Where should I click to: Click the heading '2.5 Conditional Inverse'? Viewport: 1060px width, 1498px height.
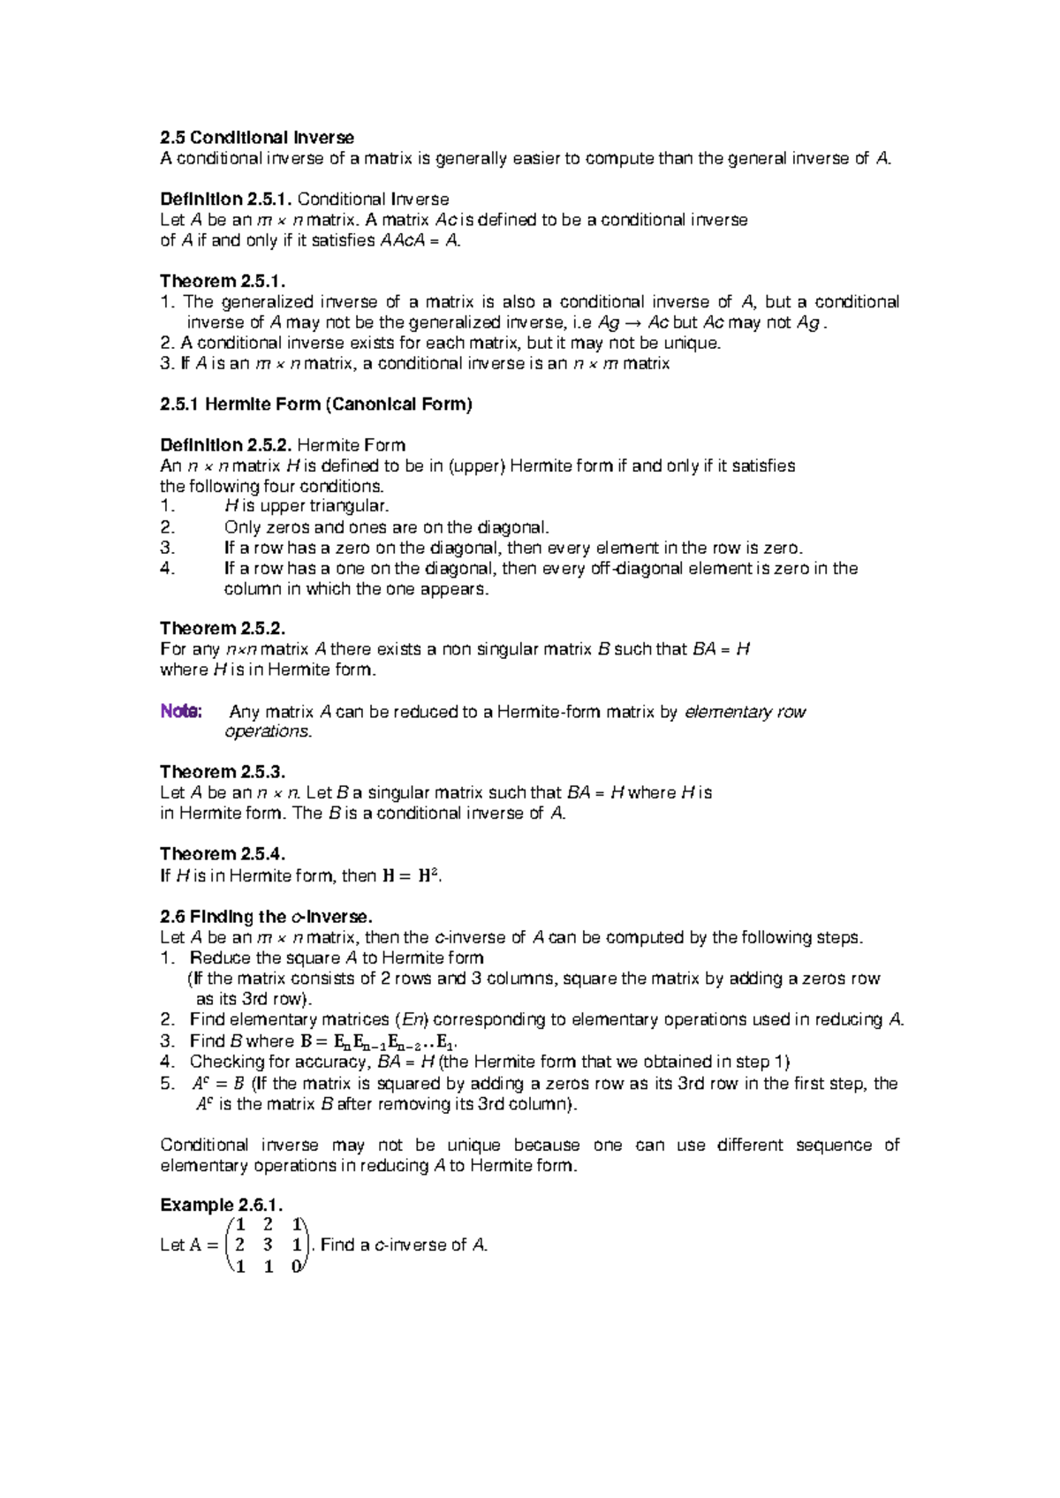256,138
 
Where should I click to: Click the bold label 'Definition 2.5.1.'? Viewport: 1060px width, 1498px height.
226,200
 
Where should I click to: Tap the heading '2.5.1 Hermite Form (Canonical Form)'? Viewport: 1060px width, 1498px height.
315,405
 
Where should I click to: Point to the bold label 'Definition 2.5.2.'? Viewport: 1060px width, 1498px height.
226,445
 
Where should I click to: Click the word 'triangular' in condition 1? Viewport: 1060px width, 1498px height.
352,506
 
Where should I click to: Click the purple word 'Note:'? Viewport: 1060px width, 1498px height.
182,712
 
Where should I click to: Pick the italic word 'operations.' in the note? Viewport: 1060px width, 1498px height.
269,731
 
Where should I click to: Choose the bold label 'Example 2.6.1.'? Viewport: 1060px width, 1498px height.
221,1206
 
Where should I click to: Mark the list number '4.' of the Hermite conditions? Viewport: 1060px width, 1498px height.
169,569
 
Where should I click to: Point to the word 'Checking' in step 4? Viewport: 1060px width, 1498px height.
227,1062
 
